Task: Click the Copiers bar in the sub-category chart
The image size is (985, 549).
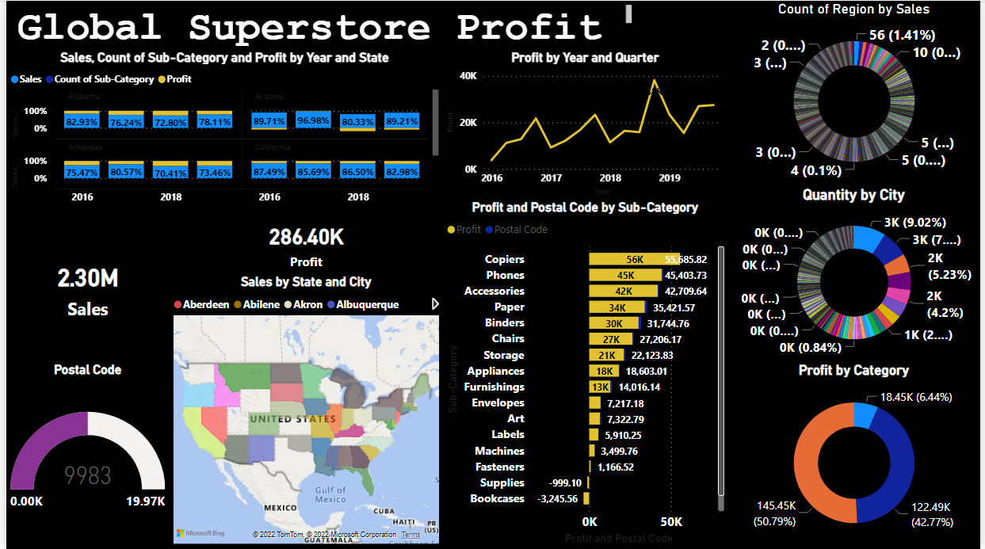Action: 634,259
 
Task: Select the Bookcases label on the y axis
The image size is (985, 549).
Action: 497,498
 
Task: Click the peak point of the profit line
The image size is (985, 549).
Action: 655,80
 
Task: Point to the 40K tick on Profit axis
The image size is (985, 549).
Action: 468,75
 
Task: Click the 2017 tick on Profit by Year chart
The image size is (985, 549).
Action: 551,178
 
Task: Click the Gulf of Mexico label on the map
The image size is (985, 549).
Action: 330,494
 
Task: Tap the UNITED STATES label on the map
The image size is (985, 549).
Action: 292,418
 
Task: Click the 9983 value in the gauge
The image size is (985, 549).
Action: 87,475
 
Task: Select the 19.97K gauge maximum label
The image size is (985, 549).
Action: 146,501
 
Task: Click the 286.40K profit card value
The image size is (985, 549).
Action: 306,237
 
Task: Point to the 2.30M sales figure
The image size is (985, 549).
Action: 87,279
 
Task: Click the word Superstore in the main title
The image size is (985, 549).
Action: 309,28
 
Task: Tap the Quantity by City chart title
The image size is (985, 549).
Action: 853,195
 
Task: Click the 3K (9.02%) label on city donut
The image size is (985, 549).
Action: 919,223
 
